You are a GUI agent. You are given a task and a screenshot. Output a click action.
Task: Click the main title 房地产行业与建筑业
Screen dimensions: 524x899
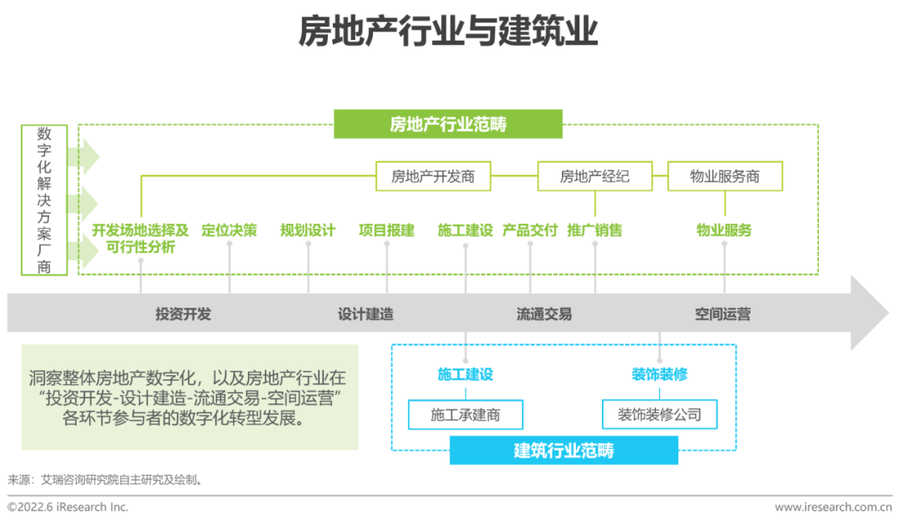pos(449,32)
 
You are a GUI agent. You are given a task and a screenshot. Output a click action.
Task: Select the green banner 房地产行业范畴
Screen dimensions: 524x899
pos(448,125)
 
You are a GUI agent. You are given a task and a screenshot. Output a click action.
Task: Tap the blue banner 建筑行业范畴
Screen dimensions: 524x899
pos(564,451)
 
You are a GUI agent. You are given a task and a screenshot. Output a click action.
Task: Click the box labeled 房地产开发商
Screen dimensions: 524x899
pos(433,176)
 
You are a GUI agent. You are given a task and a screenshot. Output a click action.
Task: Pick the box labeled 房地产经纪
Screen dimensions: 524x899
pos(594,176)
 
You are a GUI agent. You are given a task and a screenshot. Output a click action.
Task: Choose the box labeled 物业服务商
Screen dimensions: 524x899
pos(724,176)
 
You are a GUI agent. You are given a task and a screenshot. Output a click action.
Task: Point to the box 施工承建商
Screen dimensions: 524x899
pos(465,414)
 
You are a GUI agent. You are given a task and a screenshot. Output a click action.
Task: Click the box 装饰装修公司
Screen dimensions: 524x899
pos(659,414)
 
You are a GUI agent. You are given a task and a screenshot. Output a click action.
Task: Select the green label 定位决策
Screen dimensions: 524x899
pos(229,230)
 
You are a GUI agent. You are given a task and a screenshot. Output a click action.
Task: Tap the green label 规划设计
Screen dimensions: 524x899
pos(307,230)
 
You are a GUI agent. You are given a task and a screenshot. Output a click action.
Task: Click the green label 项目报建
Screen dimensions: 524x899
pos(386,230)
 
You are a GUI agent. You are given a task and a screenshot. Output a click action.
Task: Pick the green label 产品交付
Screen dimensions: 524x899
pos(529,230)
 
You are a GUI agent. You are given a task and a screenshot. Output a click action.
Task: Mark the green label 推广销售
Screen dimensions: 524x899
pos(594,230)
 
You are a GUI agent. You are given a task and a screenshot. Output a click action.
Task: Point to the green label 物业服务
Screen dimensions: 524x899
pos(724,230)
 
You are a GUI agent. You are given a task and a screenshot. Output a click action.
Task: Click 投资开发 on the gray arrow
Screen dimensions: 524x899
pos(183,314)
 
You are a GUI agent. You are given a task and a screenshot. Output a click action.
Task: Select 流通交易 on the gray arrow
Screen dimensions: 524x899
pos(544,314)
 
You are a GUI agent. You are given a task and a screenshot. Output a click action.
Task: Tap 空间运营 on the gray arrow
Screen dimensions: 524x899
pos(723,314)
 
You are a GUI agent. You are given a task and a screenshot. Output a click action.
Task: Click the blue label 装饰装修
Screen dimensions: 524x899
pos(659,374)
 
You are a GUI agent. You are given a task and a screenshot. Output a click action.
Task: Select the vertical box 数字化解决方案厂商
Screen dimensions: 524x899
pos(44,200)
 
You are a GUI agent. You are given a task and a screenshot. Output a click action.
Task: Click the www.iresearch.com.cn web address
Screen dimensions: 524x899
pos(832,507)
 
